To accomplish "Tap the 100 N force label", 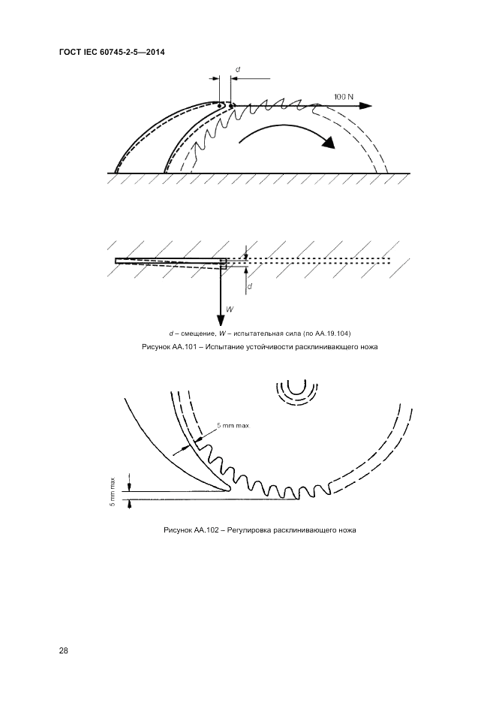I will (344, 97).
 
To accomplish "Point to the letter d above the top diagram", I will (237, 70).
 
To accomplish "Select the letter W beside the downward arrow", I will (230, 307).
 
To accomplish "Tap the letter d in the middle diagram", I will (250, 286).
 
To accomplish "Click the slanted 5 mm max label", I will (233, 426).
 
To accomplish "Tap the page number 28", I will (63, 650).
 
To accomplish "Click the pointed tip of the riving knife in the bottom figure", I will (229, 491).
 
